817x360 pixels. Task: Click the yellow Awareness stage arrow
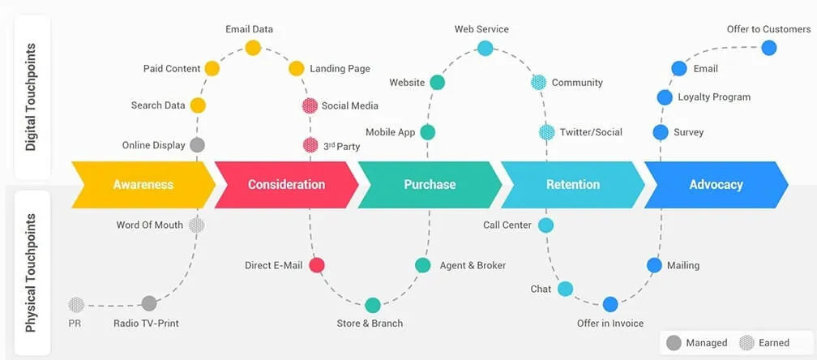143,184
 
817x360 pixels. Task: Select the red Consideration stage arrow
286,184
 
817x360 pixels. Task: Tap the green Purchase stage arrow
430,184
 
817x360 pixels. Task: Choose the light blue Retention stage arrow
572,184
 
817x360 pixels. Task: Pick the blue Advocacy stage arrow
716,184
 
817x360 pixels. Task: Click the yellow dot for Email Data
253,47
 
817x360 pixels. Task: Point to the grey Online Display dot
197,145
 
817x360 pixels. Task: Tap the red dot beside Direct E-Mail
317,265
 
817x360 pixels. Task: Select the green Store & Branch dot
372,305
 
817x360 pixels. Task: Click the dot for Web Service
485,48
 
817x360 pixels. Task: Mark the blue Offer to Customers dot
769,47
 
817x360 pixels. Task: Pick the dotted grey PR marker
76,305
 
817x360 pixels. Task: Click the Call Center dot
545,225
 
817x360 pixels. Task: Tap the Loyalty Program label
714,97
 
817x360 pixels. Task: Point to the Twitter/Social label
591,132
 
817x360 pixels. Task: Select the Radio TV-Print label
146,323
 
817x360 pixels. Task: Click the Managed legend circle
674,343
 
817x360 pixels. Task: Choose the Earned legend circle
746,343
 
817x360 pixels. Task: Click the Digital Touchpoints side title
31,97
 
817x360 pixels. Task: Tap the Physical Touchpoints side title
31,272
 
